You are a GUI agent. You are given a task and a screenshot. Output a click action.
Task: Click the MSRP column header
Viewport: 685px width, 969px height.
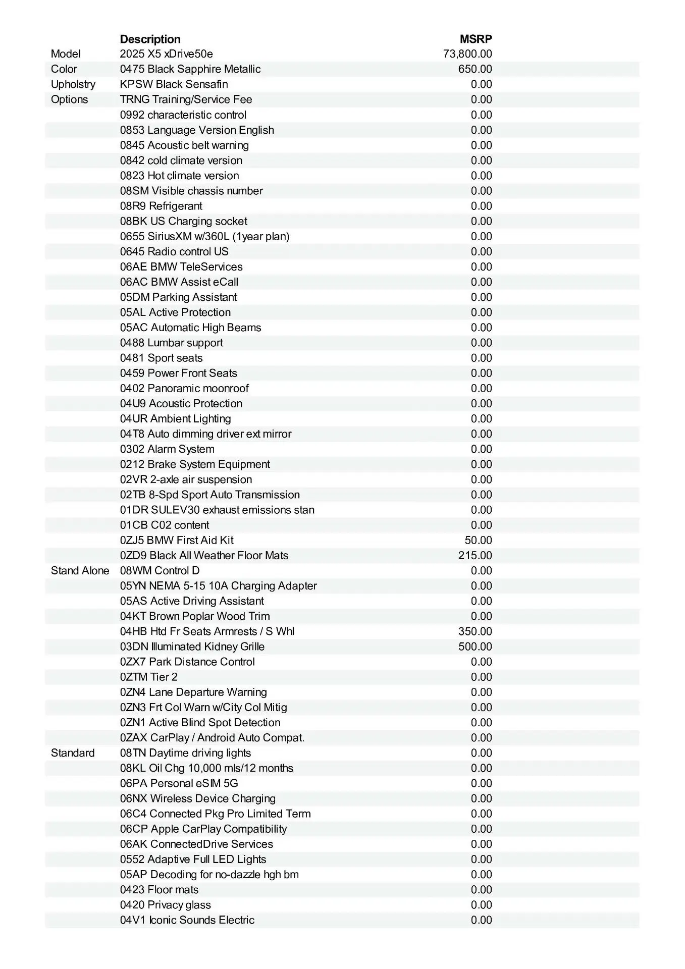coord(476,39)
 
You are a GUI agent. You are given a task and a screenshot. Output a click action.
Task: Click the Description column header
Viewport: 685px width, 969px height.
coord(150,39)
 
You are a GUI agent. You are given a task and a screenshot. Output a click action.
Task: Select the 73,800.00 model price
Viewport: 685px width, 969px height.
coord(467,54)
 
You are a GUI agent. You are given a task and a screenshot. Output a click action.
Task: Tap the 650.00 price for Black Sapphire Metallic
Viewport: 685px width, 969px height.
coord(475,69)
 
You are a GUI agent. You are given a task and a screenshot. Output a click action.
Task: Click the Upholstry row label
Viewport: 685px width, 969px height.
coord(73,84)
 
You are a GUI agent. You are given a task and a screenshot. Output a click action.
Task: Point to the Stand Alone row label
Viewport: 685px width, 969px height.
coord(80,571)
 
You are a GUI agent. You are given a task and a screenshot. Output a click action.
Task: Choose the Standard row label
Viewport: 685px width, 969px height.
coord(73,753)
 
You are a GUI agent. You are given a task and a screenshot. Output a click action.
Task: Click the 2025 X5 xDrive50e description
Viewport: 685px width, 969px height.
coord(166,54)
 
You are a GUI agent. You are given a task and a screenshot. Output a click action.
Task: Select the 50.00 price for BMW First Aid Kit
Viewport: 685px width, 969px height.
coord(478,541)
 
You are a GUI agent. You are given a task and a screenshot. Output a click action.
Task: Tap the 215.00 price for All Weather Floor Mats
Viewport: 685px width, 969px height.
coord(475,556)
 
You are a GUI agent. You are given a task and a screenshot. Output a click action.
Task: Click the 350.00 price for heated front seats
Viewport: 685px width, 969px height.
coord(475,631)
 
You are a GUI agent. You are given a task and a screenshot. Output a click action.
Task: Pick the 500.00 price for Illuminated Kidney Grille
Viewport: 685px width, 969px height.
coord(475,647)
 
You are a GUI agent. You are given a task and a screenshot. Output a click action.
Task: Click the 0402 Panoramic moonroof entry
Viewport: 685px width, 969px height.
coord(184,389)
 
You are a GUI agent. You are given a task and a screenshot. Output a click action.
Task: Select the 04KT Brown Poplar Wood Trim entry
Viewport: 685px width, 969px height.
coord(195,616)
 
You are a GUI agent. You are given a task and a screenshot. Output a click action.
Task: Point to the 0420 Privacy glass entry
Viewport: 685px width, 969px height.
coord(166,905)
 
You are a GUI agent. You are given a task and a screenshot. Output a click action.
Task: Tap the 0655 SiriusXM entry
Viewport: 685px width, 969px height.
coord(204,237)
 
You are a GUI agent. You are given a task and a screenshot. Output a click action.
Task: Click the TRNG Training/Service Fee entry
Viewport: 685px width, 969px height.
coord(186,99)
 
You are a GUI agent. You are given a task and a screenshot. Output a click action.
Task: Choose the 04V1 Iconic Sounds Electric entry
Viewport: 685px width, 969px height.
coord(187,920)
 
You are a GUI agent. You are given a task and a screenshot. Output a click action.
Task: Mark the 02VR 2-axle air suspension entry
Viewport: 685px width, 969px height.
coord(186,479)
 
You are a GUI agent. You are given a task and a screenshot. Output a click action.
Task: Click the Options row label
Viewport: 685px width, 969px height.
coord(69,99)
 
